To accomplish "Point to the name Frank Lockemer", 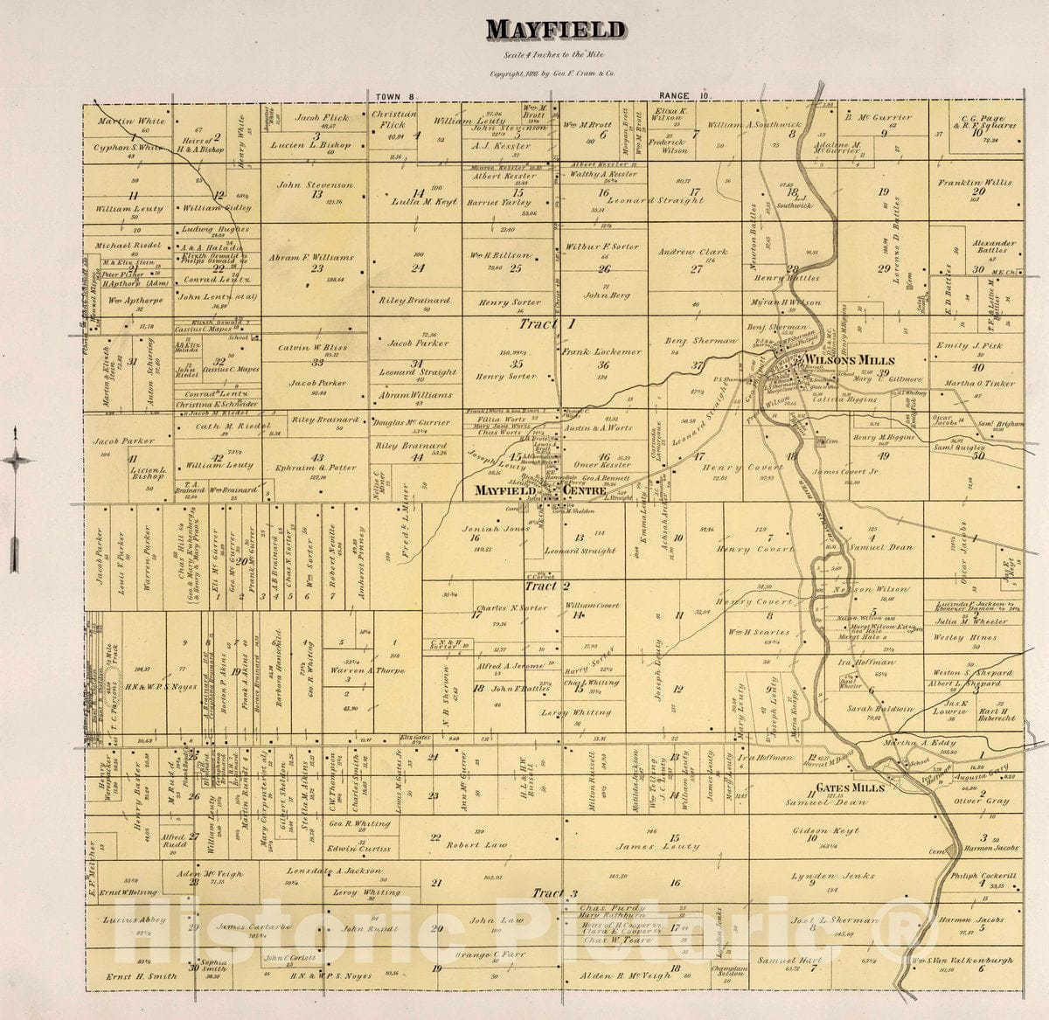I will (601, 352).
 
